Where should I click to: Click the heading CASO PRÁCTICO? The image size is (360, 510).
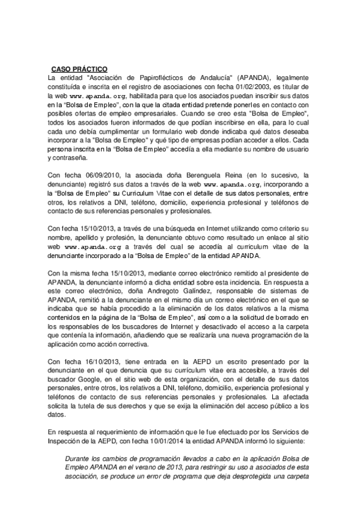[79, 69]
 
